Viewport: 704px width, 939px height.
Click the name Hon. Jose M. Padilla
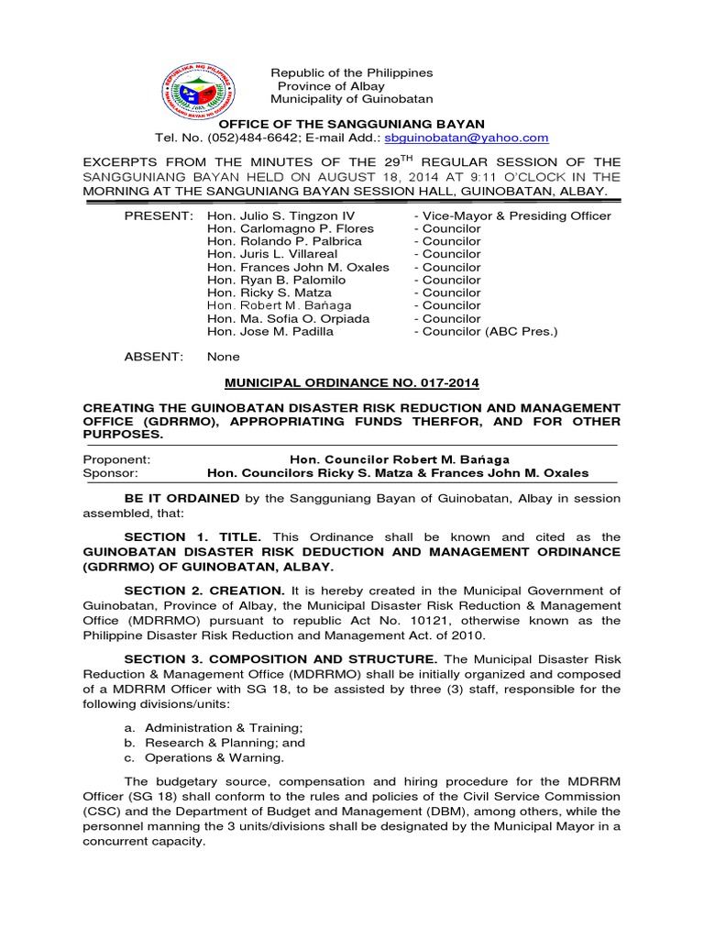pos(270,331)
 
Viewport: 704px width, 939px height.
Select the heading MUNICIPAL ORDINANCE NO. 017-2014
pos(352,381)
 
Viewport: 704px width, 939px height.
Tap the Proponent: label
pos(116,458)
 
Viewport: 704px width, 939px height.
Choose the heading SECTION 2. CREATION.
pos(207,590)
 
